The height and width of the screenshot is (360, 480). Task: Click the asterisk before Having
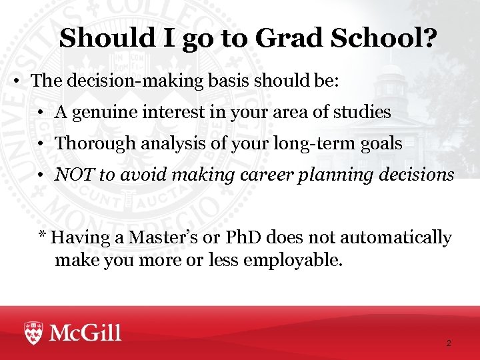pos(42,236)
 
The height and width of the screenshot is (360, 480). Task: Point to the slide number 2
pos(448,343)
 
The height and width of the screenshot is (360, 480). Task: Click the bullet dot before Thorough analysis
pos(41,144)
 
